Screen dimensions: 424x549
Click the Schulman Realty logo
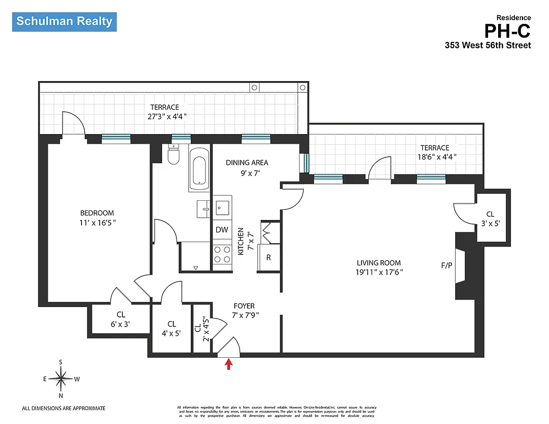point(64,22)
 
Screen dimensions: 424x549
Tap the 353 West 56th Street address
point(488,46)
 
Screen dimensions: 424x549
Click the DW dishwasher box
point(222,230)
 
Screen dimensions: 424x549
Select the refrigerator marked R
point(269,258)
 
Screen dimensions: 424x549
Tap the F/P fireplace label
point(447,265)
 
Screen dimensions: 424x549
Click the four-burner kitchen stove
point(222,254)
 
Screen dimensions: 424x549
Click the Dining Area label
point(247,163)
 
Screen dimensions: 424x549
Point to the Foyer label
point(244,306)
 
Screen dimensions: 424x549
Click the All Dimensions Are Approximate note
point(64,408)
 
